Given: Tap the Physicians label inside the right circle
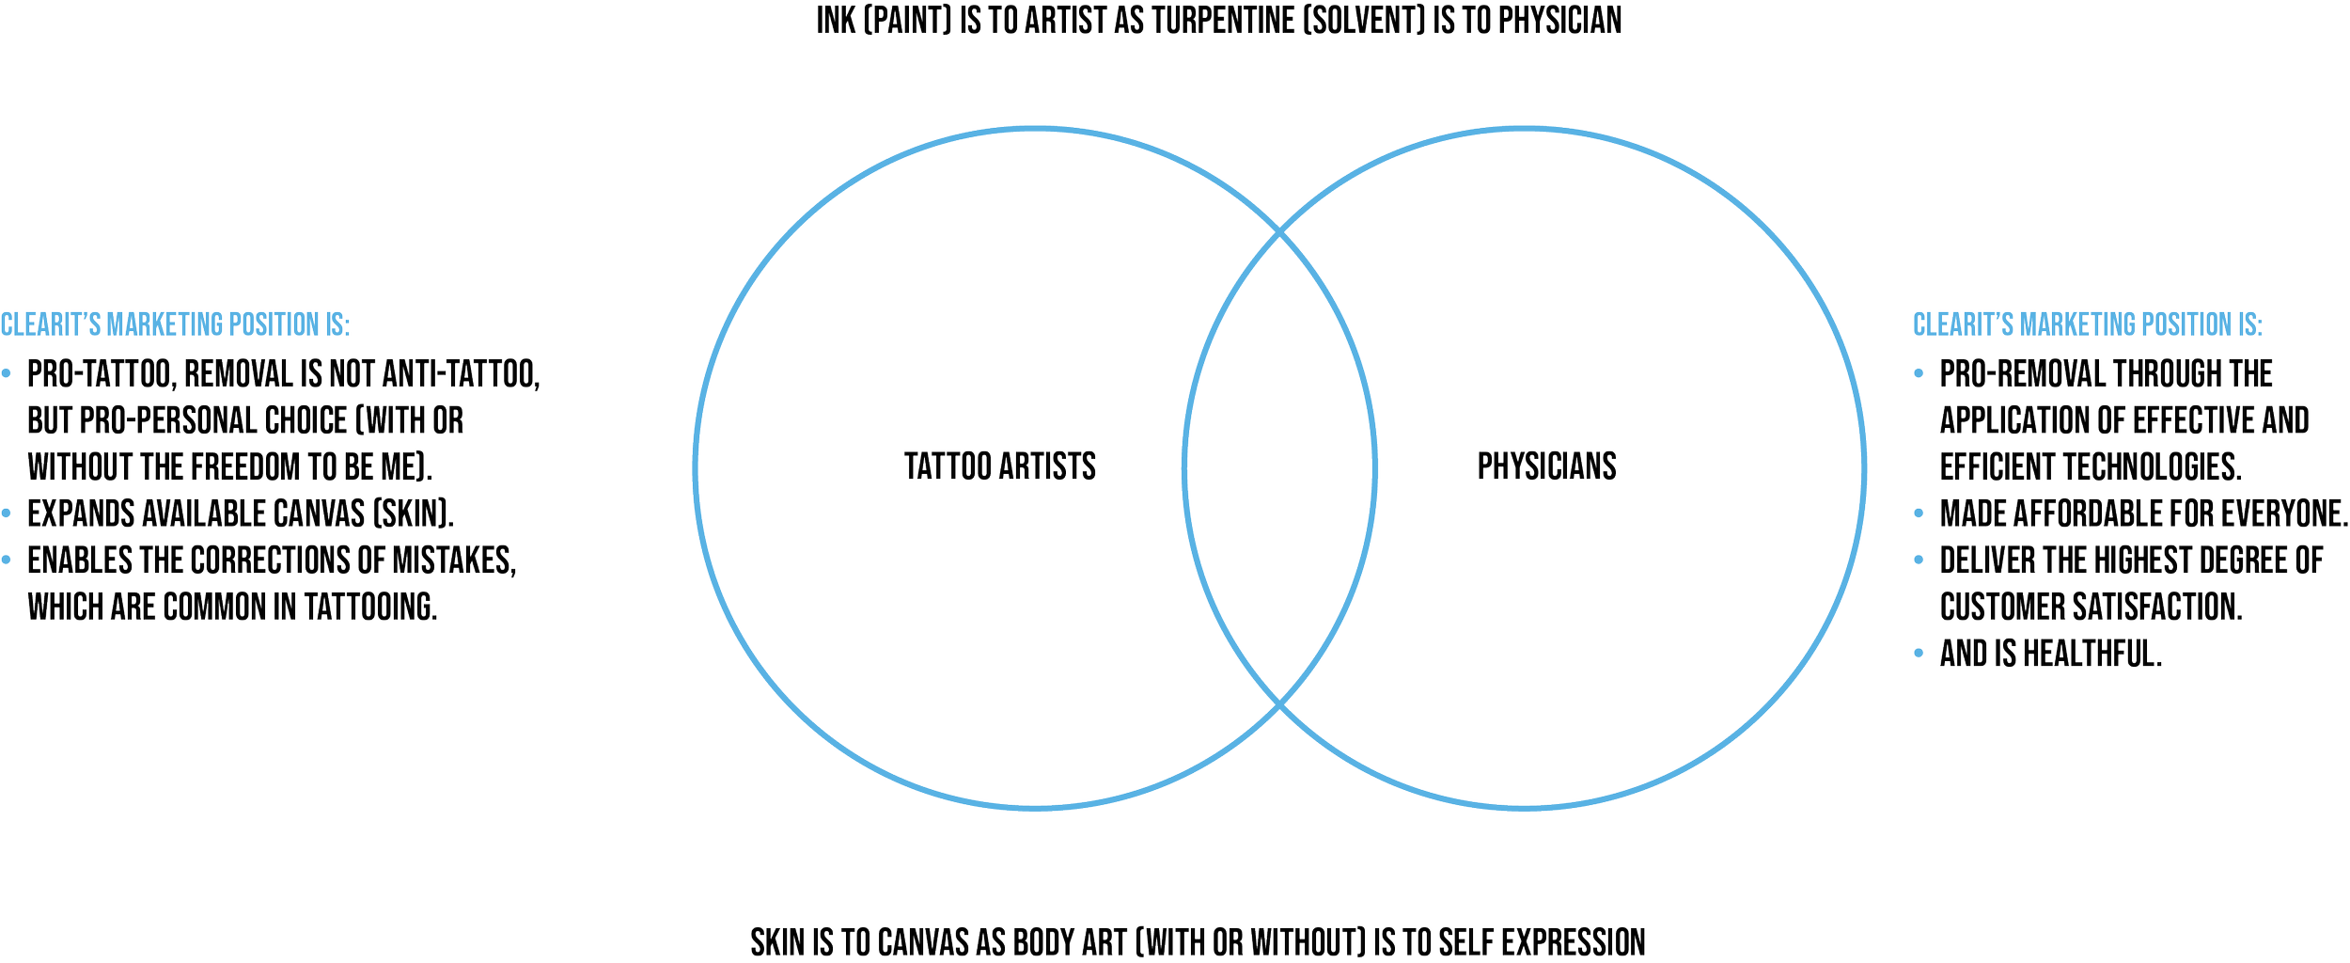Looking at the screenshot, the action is coord(1547,466).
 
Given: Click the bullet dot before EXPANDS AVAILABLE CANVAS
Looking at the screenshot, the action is coord(8,514).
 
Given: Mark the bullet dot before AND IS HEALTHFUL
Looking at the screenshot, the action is coord(1919,656).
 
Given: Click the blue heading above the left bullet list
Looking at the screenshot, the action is coord(176,325).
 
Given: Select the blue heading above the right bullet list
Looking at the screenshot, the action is coord(2088,325).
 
